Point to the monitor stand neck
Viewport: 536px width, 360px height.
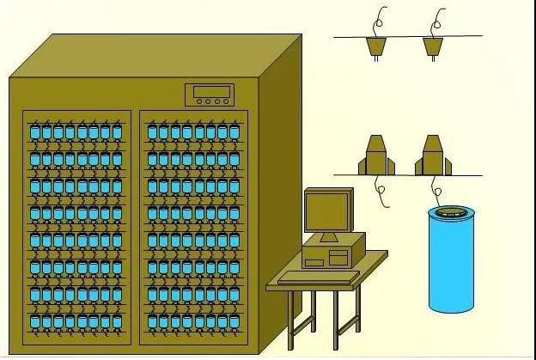328,235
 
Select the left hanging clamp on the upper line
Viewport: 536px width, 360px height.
375,46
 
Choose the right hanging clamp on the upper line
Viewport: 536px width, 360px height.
432,46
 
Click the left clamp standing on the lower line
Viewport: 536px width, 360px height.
378,156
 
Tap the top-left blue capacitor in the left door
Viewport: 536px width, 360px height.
35,132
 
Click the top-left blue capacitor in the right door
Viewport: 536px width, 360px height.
153,132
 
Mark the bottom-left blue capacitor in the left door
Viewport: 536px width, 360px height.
35,323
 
